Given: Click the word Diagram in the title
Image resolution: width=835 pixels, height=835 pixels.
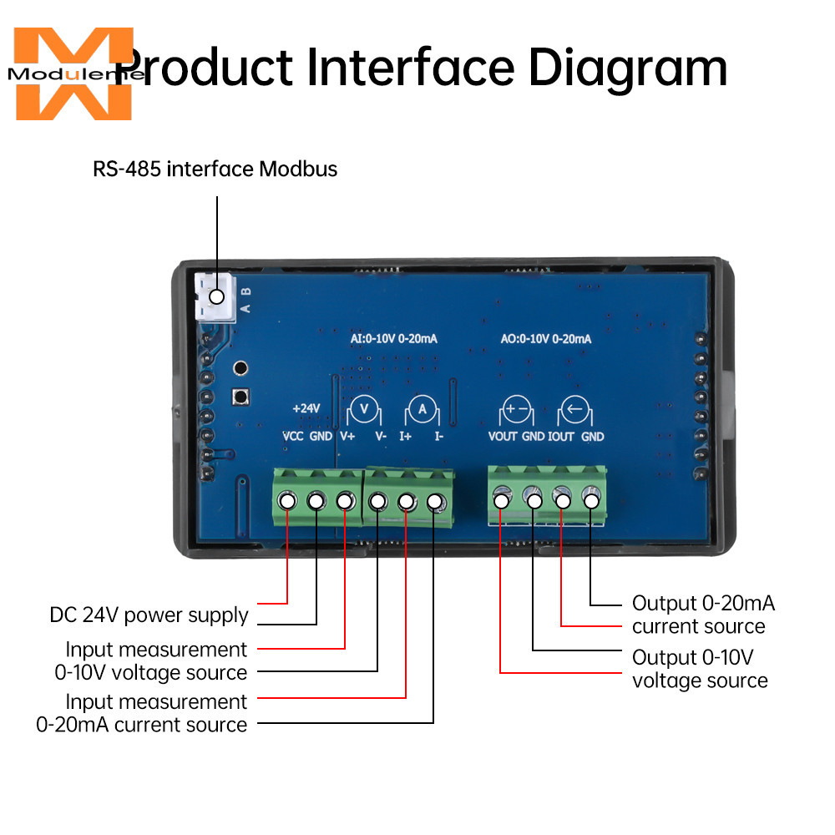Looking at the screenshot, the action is [x=628, y=68].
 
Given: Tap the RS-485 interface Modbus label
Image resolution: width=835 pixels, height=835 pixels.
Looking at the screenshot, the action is [x=215, y=169].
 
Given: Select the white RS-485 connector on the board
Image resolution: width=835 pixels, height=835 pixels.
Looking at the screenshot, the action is [x=215, y=297].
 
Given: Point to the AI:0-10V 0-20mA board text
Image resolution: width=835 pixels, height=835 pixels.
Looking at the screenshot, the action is [x=393, y=339].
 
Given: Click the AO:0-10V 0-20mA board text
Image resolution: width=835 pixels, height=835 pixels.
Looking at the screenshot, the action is [x=546, y=339].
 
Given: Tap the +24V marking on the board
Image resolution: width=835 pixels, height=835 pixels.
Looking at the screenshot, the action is [x=306, y=408].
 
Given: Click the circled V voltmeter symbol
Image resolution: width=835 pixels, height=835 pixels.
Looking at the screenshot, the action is [x=364, y=410].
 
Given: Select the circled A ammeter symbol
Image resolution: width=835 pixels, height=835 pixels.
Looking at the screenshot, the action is [x=423, y=410].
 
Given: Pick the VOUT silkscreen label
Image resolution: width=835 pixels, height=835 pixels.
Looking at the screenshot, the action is [x=503, y=437].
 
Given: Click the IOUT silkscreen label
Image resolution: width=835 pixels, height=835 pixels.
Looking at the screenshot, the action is [x=561, y=437].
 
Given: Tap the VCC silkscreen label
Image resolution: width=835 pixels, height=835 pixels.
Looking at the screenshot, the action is [x=293, y=437].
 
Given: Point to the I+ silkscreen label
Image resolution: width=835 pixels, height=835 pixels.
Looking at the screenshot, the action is [x=406, y=437].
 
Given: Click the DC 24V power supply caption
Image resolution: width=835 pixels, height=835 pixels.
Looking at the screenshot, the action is [x=149, y=615].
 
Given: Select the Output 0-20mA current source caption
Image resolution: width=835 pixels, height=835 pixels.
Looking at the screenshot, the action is [x=703, y=615].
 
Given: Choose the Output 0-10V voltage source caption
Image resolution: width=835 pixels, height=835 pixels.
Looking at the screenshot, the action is [x=700, y=669].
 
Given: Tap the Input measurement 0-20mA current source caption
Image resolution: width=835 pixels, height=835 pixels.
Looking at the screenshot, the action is [x=142, y=713].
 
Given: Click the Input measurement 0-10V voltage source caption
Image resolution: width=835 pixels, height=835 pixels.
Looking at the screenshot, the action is [x=150, y=660].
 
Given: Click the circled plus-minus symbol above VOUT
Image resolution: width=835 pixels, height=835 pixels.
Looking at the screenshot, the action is [x=517, y=410].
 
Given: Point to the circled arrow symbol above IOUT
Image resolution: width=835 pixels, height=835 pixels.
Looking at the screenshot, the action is [x=575, y=410].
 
